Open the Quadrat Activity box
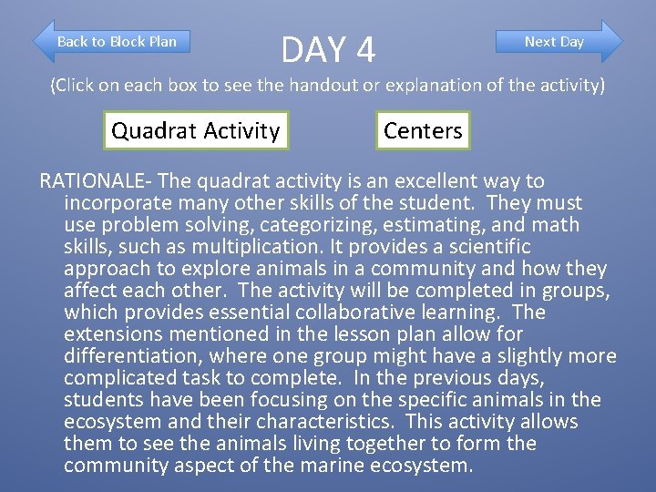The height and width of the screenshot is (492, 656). [195, 130]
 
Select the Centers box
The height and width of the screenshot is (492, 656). [423, 130]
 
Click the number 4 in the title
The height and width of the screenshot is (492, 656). [364, 50]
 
